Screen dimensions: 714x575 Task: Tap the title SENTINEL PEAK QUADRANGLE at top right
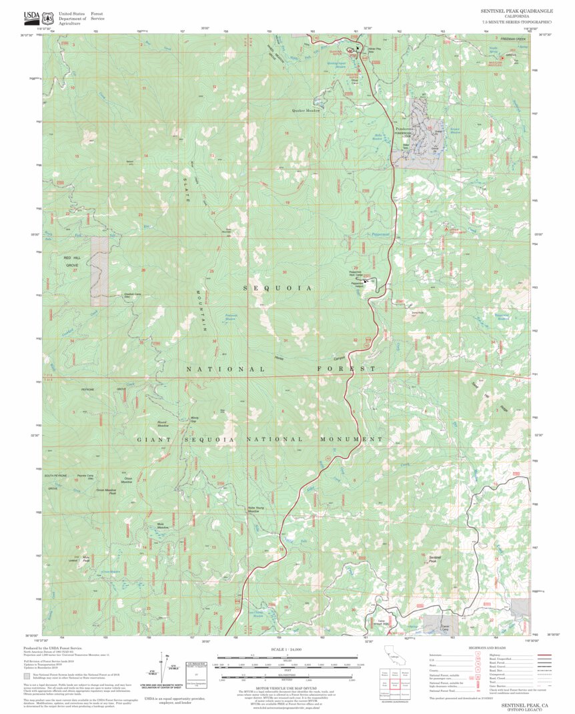pyautogui.click(x=516, y=11)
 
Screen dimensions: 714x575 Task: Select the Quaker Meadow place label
pyautogui.click(x=306, y=110)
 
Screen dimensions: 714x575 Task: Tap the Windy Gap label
pyautogui.click(x=194, y=419)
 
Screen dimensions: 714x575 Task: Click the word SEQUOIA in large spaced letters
pyautogui.click(x=277, y=288)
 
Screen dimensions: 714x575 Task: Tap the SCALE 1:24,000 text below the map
pyautogui.click(x=286, y=649)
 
